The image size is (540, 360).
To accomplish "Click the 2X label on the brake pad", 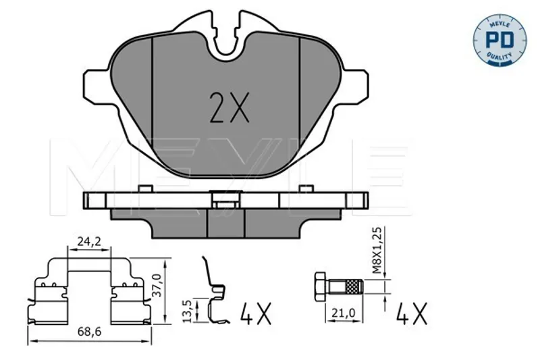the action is tap(230, 107).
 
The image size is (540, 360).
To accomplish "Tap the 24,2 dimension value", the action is tap(89, 242).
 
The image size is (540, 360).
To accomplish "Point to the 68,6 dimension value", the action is tap(90, 332).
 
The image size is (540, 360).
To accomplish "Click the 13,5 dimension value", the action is tap(188, 311).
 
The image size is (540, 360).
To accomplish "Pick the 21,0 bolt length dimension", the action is tap(343, 313).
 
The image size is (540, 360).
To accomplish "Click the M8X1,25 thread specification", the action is tap(377, 251).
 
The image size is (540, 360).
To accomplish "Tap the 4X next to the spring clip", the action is tap(256, 314).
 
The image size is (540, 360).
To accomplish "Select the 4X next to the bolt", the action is tap(412, 314).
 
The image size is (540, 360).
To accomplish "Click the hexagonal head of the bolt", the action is tap(320, 287).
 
